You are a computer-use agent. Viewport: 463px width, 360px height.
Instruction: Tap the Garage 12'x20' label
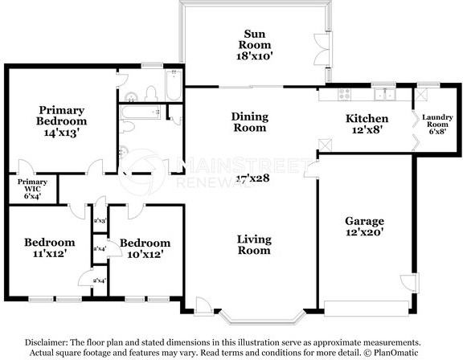364,227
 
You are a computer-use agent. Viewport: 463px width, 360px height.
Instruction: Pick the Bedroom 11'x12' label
49,247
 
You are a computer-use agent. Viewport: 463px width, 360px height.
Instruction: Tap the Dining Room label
249,122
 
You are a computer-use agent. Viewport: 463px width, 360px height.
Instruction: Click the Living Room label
254,244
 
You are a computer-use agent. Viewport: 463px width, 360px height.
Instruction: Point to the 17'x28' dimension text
252,178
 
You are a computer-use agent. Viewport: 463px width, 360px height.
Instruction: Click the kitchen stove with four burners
347,92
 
